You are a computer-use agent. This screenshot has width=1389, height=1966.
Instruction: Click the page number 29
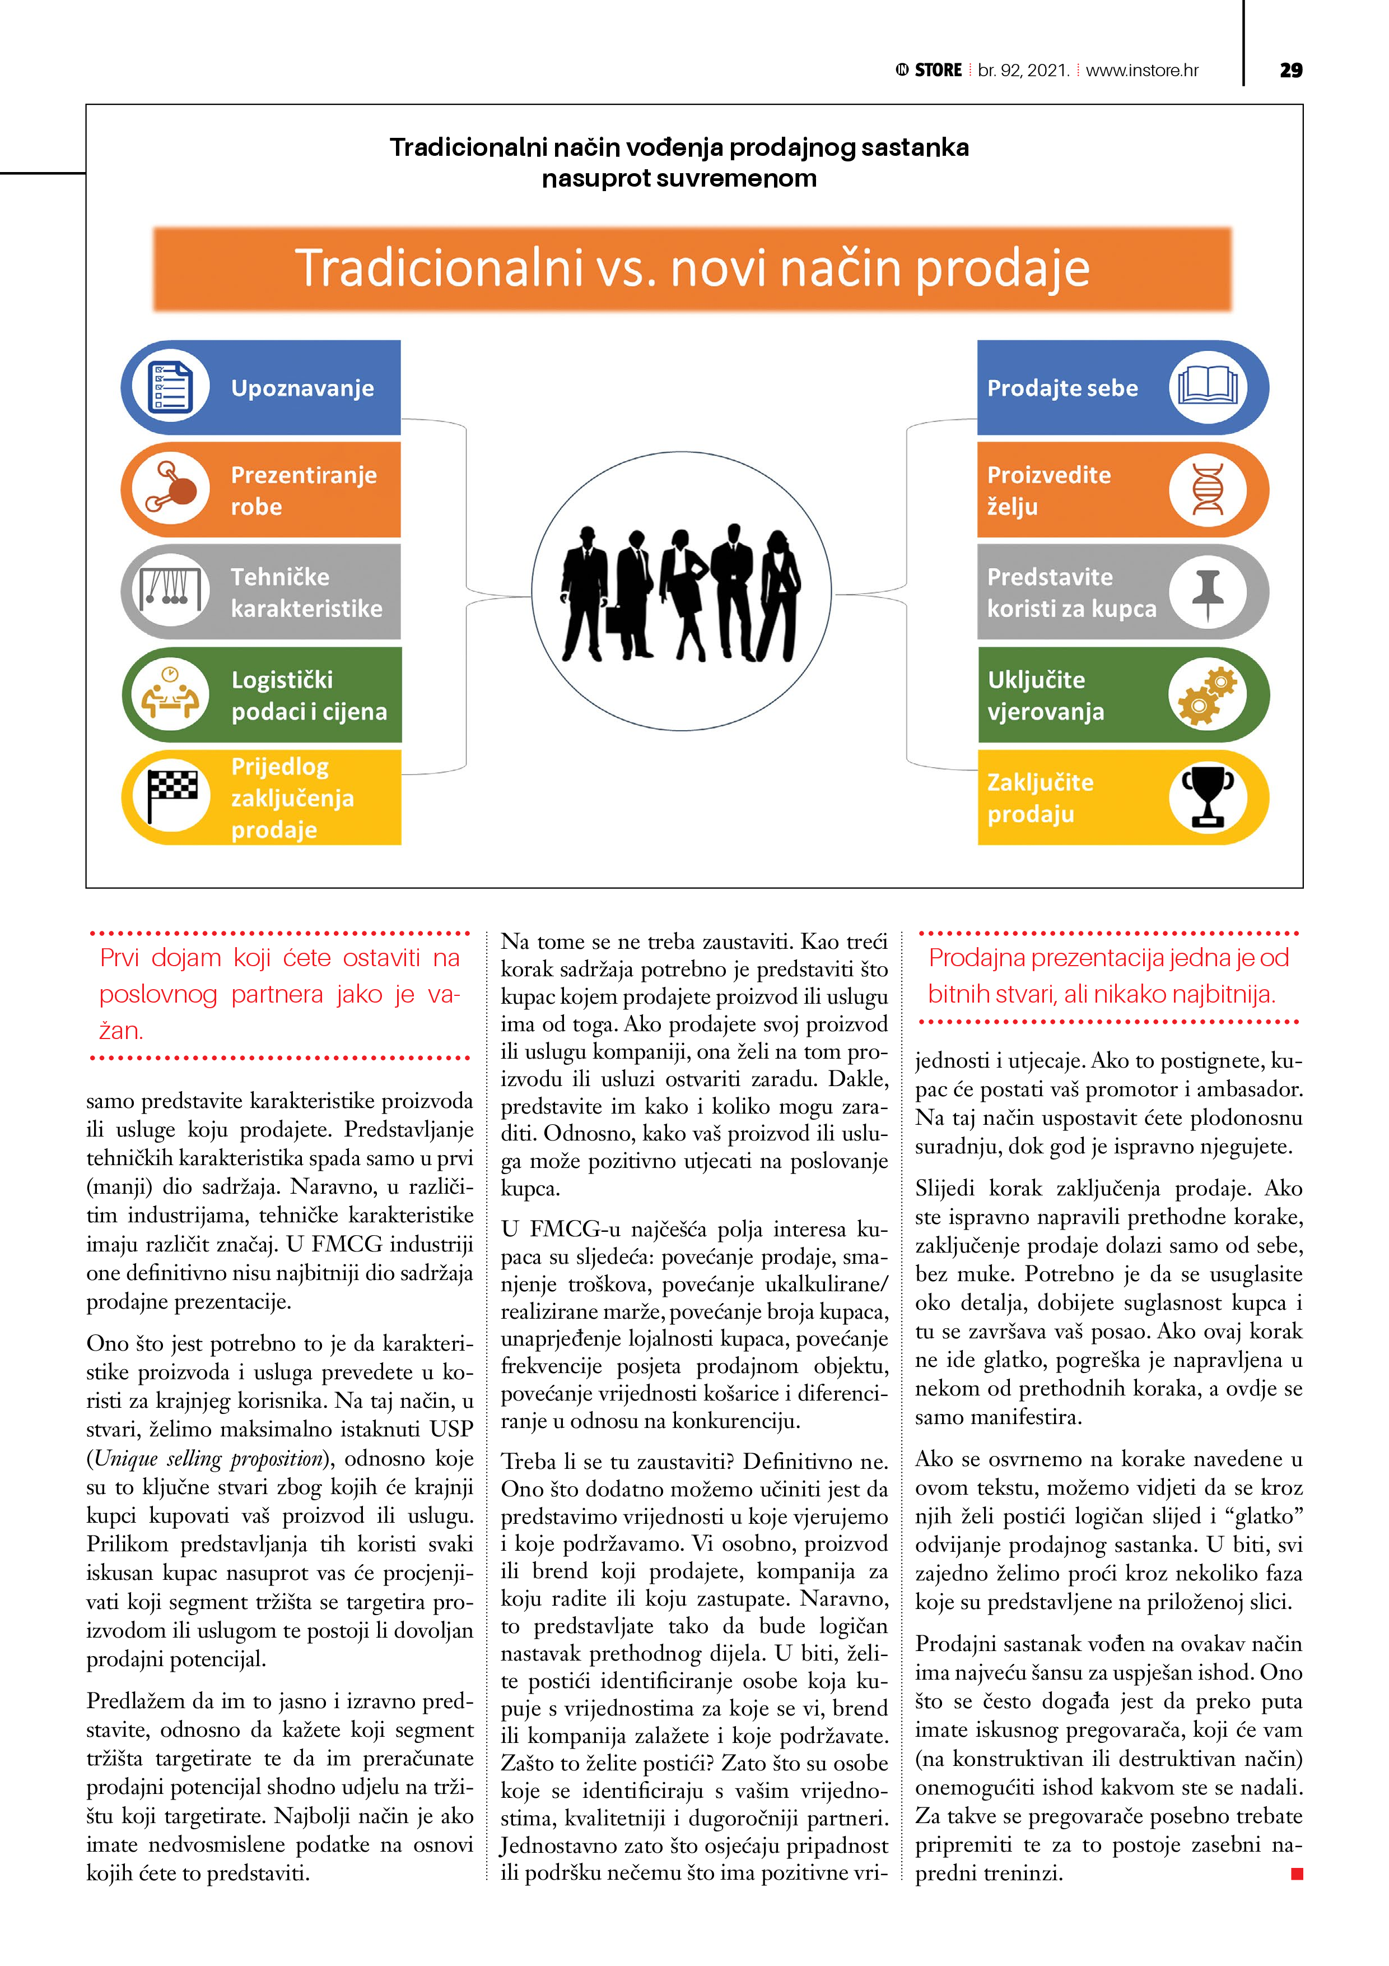pos(1290,70)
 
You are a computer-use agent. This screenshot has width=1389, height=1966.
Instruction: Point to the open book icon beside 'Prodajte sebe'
pos(1207,387)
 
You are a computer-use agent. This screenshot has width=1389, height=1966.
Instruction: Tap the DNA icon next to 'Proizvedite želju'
pos(1207,490)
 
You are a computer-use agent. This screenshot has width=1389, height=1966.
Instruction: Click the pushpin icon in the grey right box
pos(1207,592)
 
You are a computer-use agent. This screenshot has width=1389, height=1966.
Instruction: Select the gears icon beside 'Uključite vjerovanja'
pos(1207,694)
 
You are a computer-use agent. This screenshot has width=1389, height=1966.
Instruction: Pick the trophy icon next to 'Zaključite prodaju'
pos(1207,797)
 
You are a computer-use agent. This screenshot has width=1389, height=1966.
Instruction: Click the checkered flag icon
pos(172,797)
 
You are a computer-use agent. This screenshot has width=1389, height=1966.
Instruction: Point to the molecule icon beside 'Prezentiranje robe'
pos(172,490)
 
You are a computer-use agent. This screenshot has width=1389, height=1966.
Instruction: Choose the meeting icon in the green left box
pos(172,694)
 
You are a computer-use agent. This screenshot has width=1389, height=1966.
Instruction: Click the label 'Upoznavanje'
pos(302,388)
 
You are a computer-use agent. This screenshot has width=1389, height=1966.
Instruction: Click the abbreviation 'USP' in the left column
pos(451,1428)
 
